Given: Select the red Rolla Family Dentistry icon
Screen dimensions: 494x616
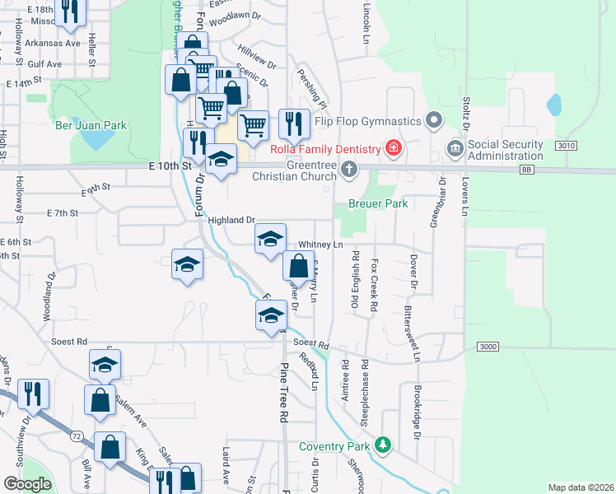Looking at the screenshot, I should pyautogui.click(x=394, y=148).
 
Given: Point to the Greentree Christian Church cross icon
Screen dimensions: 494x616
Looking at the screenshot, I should pyautogui.click(x=349, y=170).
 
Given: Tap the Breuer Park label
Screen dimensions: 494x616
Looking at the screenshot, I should pyautogui.click(x=378, y=203).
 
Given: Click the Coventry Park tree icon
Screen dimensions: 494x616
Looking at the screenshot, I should pyautogui.click(x=382, y=445).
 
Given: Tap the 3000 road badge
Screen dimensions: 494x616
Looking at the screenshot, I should pyautogui.click(x=488, y=347).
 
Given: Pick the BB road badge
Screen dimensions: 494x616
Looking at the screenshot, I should pyautogui.click(x=527, y=170).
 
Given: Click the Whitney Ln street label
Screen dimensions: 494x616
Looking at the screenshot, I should pyautogui.click(x=320, y=245).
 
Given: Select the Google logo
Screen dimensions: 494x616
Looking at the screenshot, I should pyautogui.click(x=27, y=484).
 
